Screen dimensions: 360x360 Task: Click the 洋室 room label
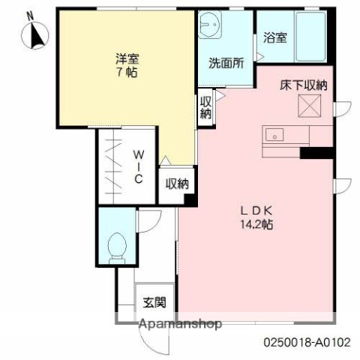coord(127,58)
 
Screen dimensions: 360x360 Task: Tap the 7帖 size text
coord(127,73)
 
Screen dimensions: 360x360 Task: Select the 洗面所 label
coord(226,64)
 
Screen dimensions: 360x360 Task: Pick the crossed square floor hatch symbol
coord(310,108)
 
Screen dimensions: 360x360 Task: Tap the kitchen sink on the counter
coord(275,136)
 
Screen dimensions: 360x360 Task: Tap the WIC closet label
coord(139,166)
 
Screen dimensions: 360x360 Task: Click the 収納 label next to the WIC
coord(177,183)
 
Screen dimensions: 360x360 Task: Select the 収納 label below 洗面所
coord(205,106)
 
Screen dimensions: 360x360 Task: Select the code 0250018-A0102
coord(306,342)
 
